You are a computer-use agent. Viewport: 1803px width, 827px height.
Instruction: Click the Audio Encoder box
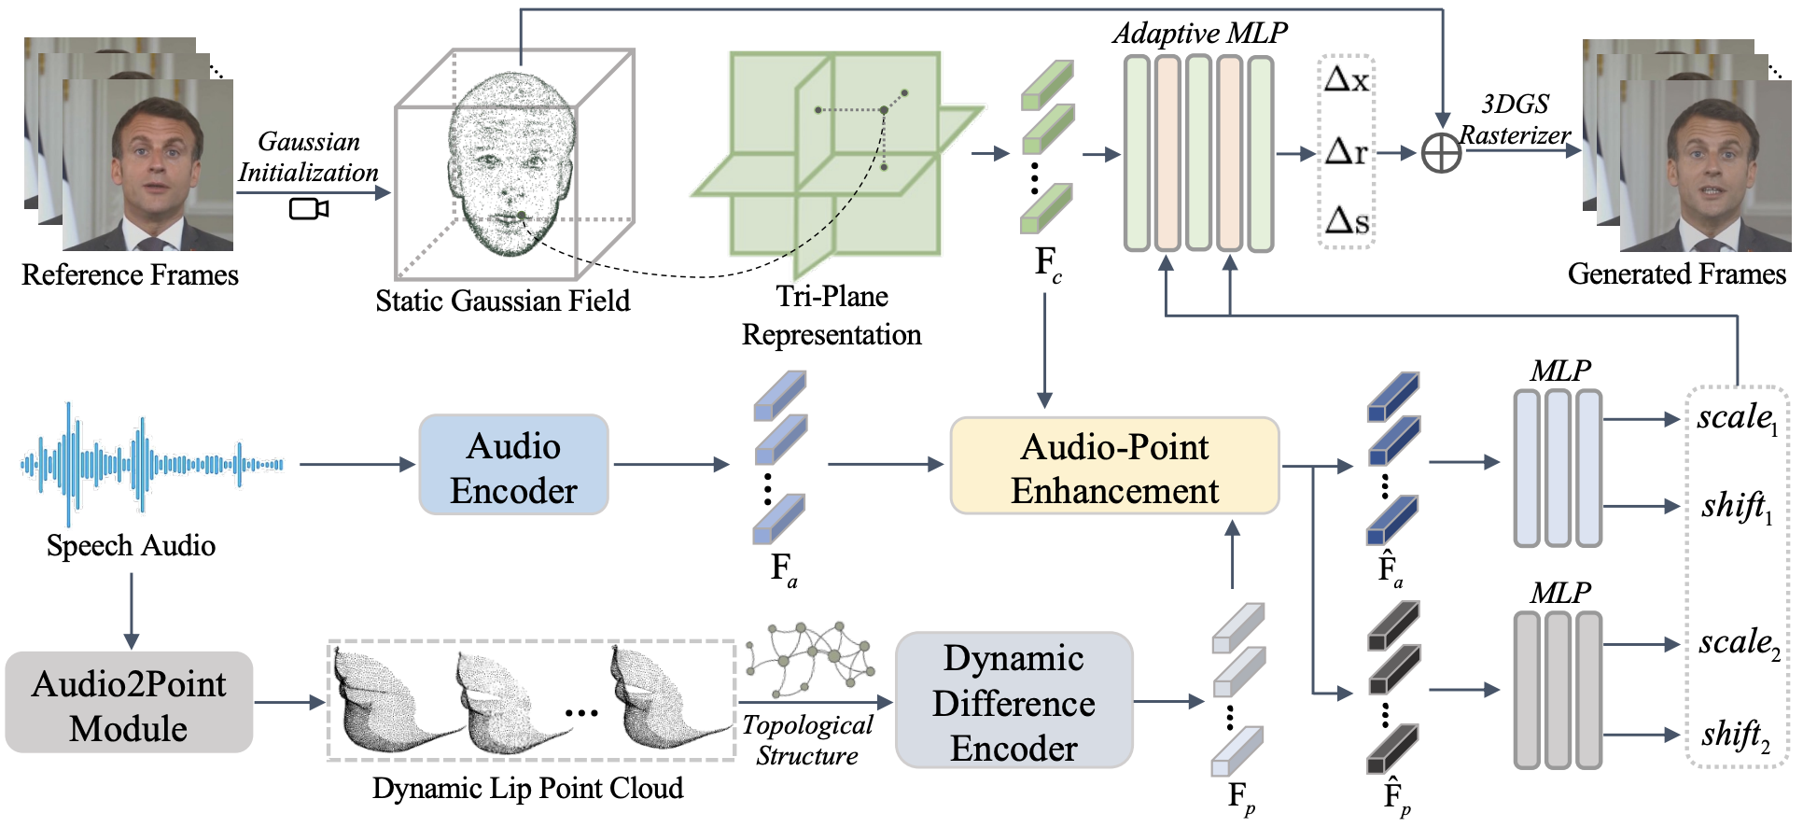[x=513, y=465]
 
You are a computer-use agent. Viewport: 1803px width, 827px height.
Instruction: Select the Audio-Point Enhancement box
[x=1114, y=466]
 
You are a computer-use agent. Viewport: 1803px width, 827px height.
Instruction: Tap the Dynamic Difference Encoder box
[x=1013, y=701]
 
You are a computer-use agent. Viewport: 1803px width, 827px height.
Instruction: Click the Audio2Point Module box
[x=129, y=703]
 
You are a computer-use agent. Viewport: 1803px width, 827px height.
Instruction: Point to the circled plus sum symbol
[x=1441, y=153]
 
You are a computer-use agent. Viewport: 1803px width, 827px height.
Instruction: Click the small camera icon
[x=308, y=208]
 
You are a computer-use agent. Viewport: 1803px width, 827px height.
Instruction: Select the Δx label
[x=1347, y=80]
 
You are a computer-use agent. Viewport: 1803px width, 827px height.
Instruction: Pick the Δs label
[x=1347, y=221]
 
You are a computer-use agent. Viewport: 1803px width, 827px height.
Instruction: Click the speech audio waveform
[x=152, y=463]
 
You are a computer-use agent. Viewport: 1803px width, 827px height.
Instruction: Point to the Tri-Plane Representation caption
[x=832, y=315]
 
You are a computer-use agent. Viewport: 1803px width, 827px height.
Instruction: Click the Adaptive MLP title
[x=1199, y=34]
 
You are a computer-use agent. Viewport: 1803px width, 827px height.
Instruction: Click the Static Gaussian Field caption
[x=502, y=301]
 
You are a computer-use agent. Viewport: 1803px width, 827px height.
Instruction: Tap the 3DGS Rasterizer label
[x=1514, y=119]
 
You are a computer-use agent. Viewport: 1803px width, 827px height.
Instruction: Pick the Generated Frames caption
[x=1676, y=273]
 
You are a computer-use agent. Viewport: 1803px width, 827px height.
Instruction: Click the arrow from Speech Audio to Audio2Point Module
[x=132, y=610]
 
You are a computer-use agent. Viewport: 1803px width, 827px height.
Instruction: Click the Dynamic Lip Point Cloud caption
[x=527, y=788]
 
